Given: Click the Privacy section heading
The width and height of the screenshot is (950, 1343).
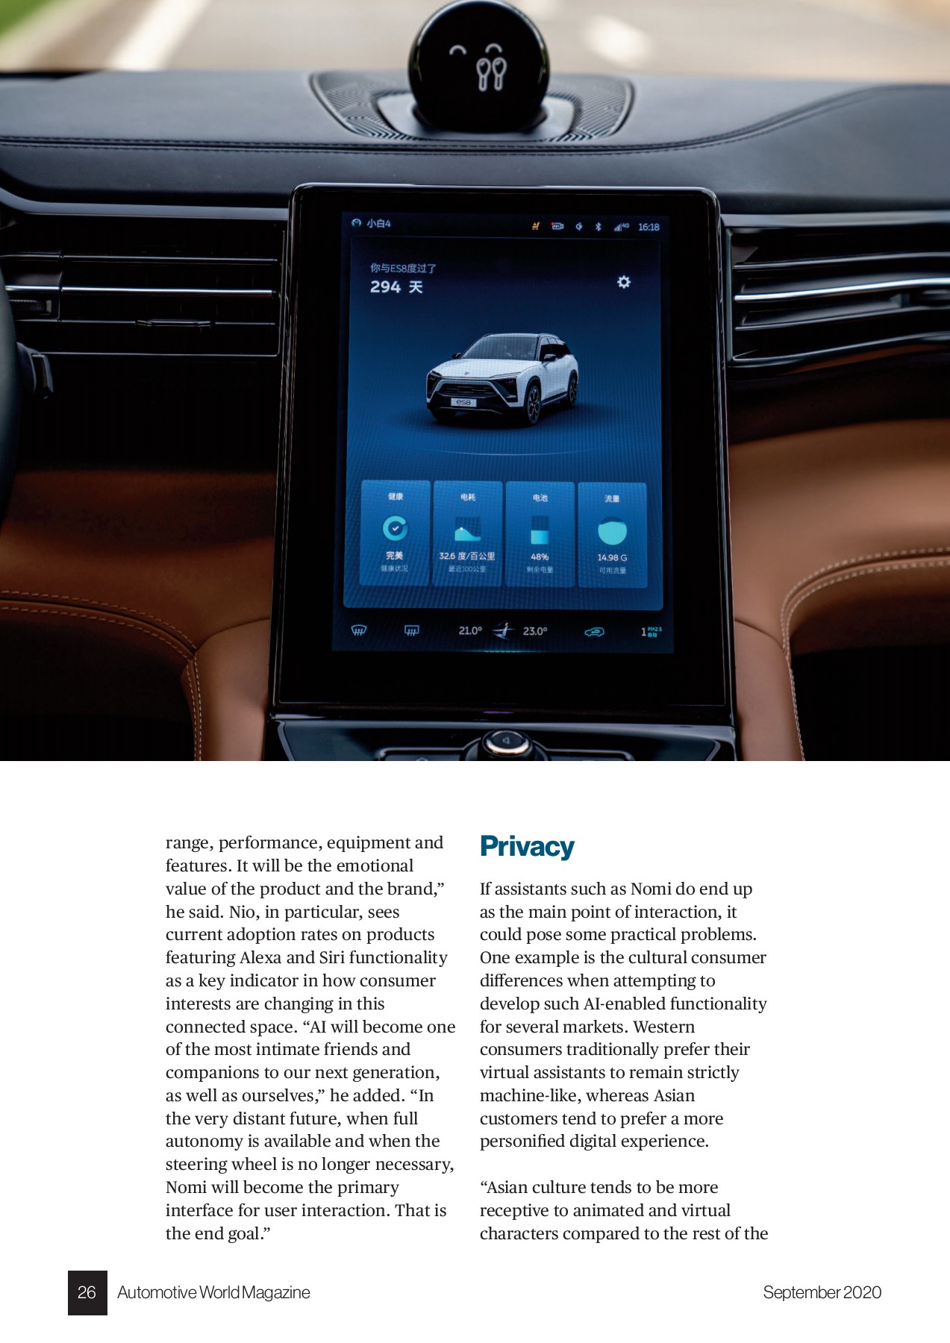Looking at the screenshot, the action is pyautogui.click(x=527, y=847).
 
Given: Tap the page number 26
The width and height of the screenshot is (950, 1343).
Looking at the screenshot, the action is pyautogui.click(x=87, y=1292).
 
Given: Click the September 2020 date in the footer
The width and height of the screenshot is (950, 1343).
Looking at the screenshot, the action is pyautogui.click(x=822, y=1292).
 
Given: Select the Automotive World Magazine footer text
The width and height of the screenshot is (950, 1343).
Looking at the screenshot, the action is pyautogui.click(x=213, y=1292).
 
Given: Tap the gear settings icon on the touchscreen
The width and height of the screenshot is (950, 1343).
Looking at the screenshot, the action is pyautogui.click(x=624, y=282).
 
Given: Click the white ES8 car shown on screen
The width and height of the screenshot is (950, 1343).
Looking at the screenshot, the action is pyautogui.click(x=502, y=379).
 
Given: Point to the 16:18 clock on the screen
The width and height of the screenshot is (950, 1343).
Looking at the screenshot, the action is pyautogui.click(x=649, y=227).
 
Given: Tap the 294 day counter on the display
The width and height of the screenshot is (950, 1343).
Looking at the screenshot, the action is pyautogui.click(x=396, y=287).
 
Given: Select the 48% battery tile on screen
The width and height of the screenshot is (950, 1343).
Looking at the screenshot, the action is pyautogui.click(x=540, y=533).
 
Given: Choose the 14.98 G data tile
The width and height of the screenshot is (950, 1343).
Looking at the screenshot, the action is pyautogui.click(x=612, y=534).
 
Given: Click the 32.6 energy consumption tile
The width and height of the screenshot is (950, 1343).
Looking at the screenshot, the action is pyautogui.click(x=467, y=533).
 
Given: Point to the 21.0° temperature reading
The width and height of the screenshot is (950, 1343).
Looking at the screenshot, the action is pyautogui.click(x=470, y=631).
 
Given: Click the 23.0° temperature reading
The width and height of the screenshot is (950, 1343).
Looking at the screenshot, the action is pyautogui.click(x=535, y=631).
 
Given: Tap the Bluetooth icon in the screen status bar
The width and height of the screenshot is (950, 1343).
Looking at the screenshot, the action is pyautogui.click(x=598, y=227).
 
